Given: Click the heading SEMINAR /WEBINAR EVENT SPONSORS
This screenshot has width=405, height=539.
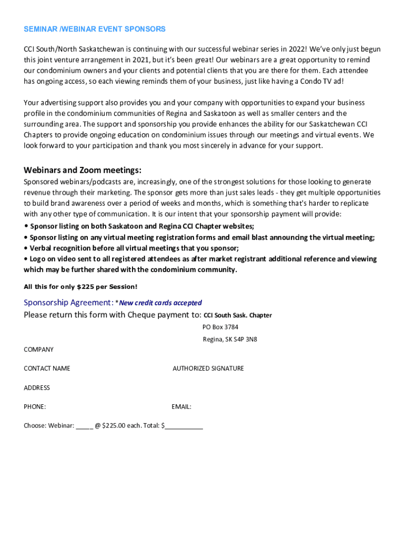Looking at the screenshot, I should click(x=95, y=29).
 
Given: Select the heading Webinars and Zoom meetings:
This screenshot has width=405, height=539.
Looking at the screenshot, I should click(x=83, y=170).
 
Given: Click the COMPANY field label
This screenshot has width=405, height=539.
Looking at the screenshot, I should click(x=38, y=350).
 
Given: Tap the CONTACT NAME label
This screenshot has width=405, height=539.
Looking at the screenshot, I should click(x=47, y=368).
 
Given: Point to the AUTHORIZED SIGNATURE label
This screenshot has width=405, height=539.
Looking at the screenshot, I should click(x=208, y=368).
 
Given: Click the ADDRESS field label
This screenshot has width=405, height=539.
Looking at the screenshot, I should click(x=37, y=388).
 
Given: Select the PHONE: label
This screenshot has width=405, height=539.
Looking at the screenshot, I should click(x=35, y=407).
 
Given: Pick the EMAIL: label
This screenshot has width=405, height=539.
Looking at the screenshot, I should click(x=181, y=407).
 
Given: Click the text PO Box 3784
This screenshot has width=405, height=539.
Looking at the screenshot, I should click(x=220, y=327).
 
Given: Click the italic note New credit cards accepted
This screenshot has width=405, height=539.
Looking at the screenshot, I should click(x=160, y=303).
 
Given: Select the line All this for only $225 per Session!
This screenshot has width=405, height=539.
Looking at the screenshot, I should click(x=80, y=287).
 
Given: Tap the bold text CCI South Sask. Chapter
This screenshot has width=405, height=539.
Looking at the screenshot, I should click(x=238, y=315).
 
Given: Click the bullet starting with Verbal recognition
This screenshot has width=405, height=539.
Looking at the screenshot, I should click(x=131, y=248).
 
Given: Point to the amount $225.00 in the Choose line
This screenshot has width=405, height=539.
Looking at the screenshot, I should click(x=114, y=426).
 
